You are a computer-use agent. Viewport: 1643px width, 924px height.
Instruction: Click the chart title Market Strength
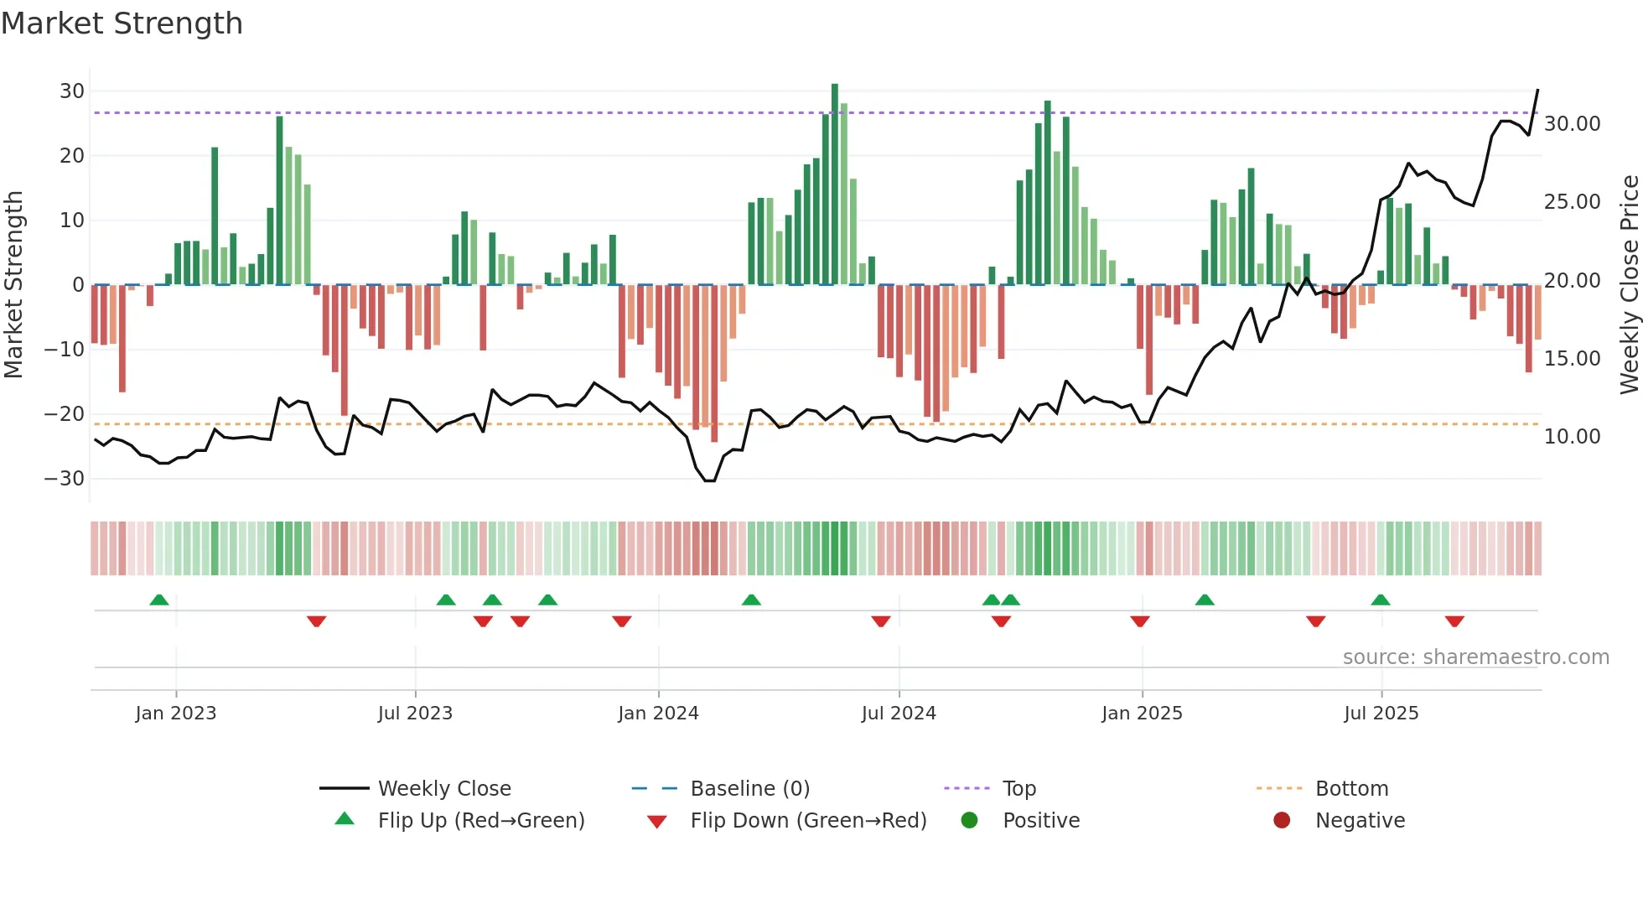122,23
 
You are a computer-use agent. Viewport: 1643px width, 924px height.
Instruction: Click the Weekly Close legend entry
443,789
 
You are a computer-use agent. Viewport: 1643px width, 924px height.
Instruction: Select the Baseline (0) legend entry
749,789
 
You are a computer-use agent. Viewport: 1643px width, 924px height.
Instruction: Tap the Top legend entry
1018,789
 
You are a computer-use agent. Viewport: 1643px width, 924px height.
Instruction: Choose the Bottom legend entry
1351,789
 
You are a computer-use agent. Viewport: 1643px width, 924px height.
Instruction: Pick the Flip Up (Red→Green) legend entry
480,821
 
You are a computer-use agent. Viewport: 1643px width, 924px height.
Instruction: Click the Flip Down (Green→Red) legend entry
808,821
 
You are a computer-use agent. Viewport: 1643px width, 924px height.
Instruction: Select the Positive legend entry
1040,821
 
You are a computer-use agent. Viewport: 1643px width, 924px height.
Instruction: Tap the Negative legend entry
1359,821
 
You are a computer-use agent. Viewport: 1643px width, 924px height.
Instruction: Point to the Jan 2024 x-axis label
658,714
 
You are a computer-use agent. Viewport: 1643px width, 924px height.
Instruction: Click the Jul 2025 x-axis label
1381,714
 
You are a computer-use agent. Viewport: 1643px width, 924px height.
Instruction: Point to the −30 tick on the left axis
65,479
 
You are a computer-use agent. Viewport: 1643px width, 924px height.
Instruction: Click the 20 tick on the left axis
71,156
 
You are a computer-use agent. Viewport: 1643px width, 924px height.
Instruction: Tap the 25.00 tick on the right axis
1572,202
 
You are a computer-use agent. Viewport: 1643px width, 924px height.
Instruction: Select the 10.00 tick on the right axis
1572,437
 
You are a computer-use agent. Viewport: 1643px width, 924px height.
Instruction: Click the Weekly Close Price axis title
1629,285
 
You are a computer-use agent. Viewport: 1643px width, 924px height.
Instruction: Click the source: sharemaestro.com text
1475,657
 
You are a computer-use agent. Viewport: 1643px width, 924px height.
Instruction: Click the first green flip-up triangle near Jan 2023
159,600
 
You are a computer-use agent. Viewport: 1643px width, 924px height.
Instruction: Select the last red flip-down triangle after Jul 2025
1454,621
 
